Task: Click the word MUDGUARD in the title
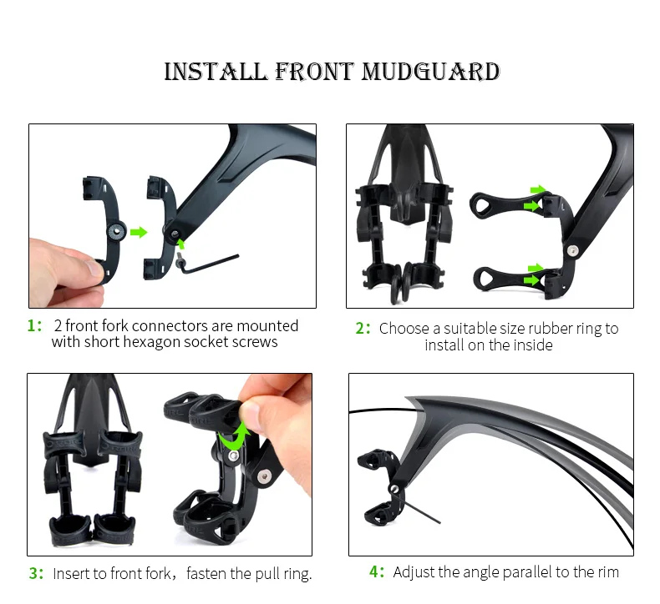pos(430,72)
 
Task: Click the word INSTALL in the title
pos(216,72)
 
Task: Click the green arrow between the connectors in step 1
pos(139,232)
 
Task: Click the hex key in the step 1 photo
pos(208,264)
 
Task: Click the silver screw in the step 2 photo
pos(572,251)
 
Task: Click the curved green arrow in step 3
pos(234,436)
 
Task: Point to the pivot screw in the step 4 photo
pos(394,489)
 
